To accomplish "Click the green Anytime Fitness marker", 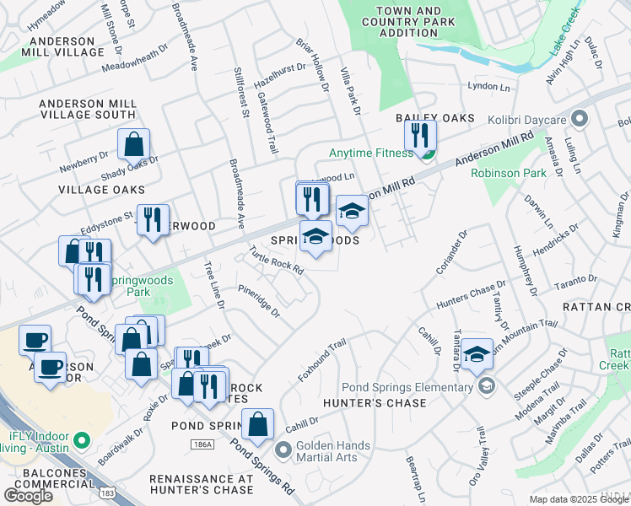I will (427, 153).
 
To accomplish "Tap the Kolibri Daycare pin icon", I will (579, 117).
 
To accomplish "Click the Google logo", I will (29, 495).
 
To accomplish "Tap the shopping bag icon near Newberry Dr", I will (134, 145).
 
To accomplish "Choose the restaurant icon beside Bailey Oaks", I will (419, 135).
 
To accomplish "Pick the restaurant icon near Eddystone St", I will (153, 221).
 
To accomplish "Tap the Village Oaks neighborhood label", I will (101, 190).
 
